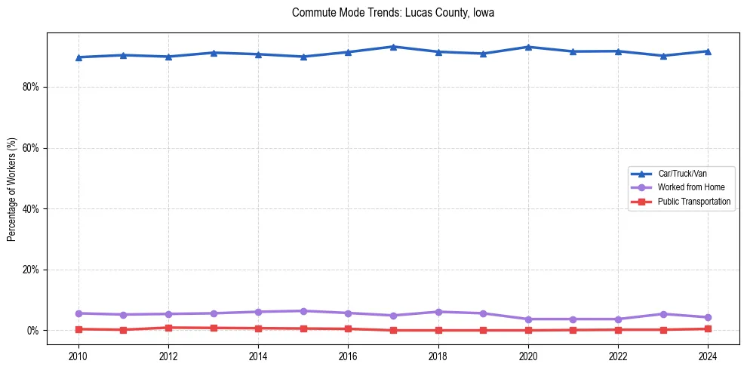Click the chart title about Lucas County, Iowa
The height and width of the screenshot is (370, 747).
[x=393, y=13]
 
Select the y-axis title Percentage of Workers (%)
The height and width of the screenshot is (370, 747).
[x=12, y=189]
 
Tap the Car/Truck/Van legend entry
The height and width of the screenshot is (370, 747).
[x=682, y=174]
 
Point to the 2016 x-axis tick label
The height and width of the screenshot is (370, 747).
[x=348, y=356]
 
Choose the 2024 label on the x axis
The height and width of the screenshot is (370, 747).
[x=708, y=356]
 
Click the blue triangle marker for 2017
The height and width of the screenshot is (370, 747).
[x=393, y=47]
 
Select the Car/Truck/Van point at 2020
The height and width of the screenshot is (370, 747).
[x=528, y=47]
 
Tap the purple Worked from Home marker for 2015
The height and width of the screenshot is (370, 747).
[x=303, y=311]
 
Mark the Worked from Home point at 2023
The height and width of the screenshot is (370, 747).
[x=663, y=314]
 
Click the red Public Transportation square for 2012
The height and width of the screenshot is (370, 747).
[x=168, y=328]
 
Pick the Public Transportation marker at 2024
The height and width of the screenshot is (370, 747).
[x=708, y=328]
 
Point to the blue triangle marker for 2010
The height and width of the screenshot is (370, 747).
[x=78, y=57]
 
